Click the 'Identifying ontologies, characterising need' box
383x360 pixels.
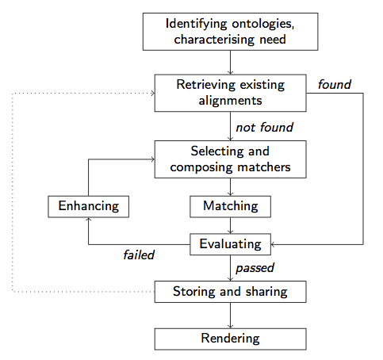(x=230, y=32)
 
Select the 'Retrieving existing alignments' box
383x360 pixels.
(x=230, y=93)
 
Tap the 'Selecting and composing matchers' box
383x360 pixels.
(x=230, y=159)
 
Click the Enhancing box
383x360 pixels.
(x=88, y=206)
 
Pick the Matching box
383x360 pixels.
(x=230, y=206)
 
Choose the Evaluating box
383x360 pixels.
(x=230, y=244)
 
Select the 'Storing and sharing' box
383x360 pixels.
(x=230, y=292)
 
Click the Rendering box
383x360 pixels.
(x=230, y=339)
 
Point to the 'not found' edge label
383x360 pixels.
(x=264, y=127)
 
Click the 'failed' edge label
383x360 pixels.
(x=139, y=255)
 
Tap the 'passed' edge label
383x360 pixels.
(x=255, y=268)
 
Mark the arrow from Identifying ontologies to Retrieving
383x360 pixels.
(x=230, y=63)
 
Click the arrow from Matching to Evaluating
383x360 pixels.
(x=230, y=225)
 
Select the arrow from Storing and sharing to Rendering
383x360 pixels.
(x=230, y=316)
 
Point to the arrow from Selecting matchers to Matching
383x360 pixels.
(x=230, y=187)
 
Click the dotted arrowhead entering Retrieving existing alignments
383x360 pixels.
(x=153, y=93)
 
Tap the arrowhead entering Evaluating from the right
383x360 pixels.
(x=273, y=244)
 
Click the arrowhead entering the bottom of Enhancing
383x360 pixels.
(x=88, y=220)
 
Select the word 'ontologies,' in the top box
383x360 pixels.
(x=263, y=25)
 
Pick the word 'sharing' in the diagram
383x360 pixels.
(x=266, y=292)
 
